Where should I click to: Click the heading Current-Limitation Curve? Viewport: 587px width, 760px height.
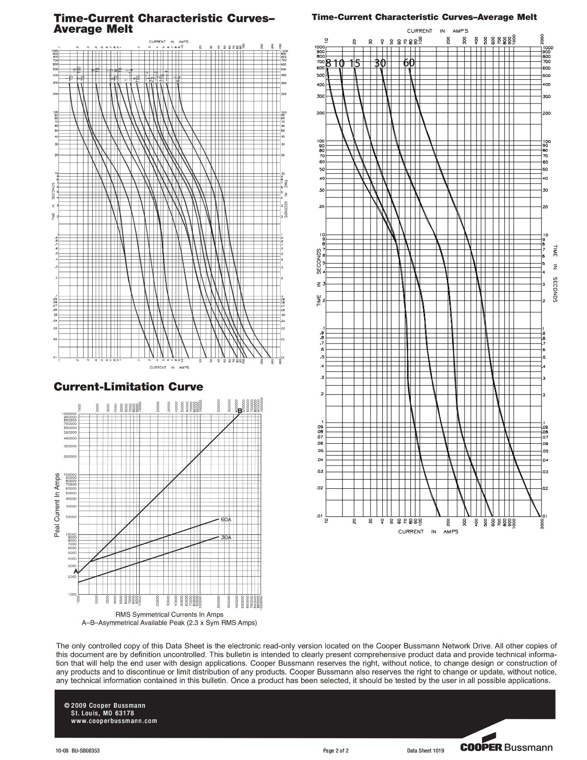tap(128, 387)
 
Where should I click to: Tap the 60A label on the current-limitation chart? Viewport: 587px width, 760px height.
tap(226, 520)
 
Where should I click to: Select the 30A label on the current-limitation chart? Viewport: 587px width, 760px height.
tap(226, 537)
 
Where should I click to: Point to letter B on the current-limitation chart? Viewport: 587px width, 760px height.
tap(240, 411)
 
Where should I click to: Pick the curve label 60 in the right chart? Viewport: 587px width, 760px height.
tap(409, 63)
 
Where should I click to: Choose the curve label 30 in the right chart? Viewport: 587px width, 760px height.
tap(380, 63)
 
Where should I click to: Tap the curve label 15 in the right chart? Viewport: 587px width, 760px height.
tap(355, 63)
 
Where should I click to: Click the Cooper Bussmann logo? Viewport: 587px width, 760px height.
tap(506, 747)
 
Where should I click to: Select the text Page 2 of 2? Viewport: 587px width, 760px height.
tap(336, 751)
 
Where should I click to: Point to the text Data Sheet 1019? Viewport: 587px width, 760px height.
tap(425, 751)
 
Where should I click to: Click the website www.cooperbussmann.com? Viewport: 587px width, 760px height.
tap(114, 721)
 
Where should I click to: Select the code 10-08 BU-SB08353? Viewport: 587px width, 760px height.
tap(78, 751)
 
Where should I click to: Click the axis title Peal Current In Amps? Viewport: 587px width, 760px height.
tap(57, 505)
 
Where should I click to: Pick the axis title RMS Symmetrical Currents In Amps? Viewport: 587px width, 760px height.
tap(169, 615)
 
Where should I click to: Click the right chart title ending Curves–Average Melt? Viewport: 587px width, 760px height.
tap(424, 17)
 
